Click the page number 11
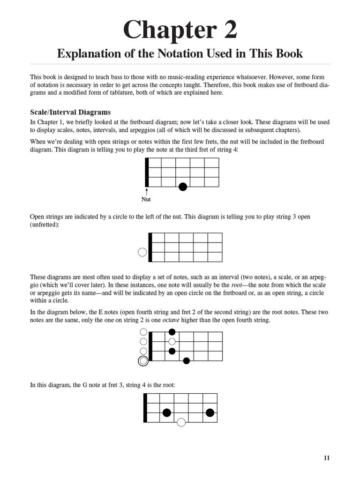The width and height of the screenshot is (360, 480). pyautogui.click(x=327, y=458)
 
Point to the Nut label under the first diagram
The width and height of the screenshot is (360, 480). pyautogui.click(x=146, y=199)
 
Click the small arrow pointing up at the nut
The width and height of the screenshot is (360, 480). pyautogui.click(x=146, y=191)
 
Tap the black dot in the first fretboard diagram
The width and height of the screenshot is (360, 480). pyautogui.click(x=183, y=187)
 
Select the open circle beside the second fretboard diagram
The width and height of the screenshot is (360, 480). pyautogui.click(x=142, y=252)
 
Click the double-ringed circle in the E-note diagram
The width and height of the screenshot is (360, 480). pyautogui.click(x=143, y=360)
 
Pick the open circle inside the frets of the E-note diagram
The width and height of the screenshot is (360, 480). pyautogui.click(x=172, y=341)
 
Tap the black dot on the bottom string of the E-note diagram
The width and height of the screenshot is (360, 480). pyautogui.click(x=187, y=360)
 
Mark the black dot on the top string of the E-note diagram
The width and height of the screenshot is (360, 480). pyautogui.click(x=172, y=332)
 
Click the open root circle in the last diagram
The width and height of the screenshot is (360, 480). pyautogui.click(x=181, y=422)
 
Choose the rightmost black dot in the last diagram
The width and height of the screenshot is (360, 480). pyautogui.click(x=210, y=412)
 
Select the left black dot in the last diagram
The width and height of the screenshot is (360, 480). pyautogui.click(x=166, y=412)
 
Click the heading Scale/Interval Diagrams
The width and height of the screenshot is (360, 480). pyautogui.click(x=70, y=112)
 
